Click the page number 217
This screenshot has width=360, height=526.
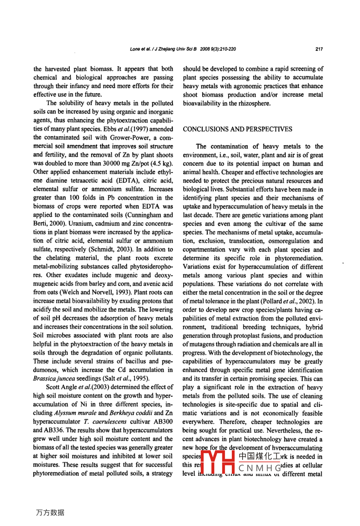point(319,49)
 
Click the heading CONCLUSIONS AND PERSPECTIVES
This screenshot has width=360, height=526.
point(237,129)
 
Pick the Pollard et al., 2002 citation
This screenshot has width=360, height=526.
point(293,301)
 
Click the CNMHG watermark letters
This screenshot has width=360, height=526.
point(259,466)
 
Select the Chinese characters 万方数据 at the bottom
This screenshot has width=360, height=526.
point(50,512)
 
